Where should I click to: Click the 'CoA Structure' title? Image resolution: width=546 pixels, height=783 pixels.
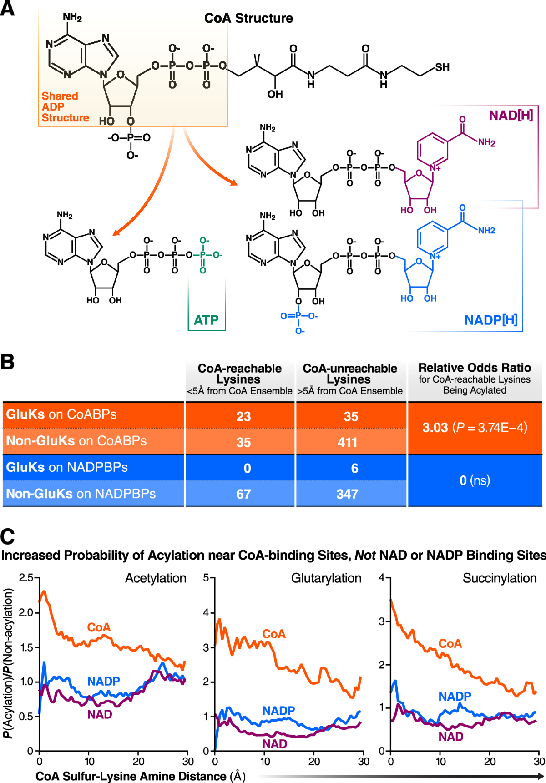click(248, 18)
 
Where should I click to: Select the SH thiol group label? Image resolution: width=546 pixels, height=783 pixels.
click(442, 67)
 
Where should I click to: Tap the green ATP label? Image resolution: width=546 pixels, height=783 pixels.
click(206, 320)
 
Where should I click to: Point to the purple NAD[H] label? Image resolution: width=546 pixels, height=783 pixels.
click(511, 115)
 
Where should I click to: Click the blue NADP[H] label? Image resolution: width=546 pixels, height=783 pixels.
click(490, 320)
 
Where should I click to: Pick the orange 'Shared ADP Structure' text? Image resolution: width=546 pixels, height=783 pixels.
click(65, 107)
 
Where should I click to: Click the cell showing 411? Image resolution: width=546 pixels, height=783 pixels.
click(347, 442)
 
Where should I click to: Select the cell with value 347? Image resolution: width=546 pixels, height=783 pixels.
click(347, 494)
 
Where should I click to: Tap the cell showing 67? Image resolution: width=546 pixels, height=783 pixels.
click(243, 494)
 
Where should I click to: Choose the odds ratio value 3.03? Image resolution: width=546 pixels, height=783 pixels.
click(435, 428)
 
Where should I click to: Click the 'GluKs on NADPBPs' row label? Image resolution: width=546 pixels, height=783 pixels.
click(67, 467)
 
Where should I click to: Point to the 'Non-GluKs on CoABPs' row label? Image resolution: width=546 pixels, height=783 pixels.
click(76, 441)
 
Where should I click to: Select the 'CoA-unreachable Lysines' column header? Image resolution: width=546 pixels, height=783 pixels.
click(350, 374)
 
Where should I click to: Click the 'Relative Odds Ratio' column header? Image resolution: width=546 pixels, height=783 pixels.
click(475, 368)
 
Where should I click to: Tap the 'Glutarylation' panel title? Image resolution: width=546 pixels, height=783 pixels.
click(326, 578)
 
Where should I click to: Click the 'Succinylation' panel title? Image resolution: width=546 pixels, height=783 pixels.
click(499, 578)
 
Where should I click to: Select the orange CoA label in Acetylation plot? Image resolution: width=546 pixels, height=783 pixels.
click(99, 627)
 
